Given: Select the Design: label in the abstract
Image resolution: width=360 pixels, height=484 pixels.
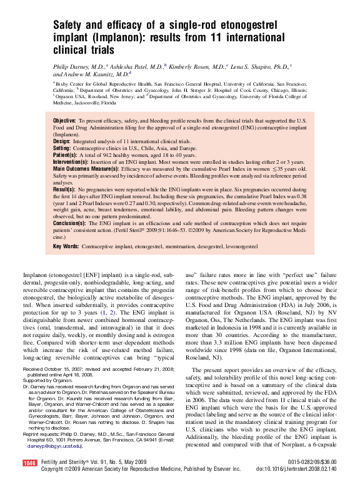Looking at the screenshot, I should coord(62,142).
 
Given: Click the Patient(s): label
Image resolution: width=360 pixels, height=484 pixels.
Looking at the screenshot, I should coord(66,155).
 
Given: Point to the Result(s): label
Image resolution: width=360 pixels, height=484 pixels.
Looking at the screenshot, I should coord(64,188).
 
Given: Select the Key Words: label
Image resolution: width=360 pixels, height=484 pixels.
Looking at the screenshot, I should coord(66,247).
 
